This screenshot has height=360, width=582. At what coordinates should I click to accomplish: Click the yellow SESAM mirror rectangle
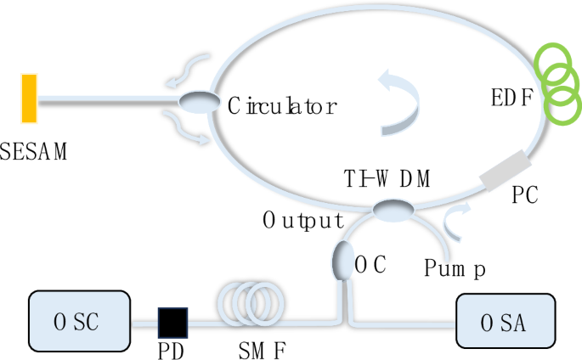[29, 98]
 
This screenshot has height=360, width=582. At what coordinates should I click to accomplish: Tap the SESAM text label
[33, 151]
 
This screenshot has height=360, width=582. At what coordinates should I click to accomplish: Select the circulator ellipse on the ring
[200, 102]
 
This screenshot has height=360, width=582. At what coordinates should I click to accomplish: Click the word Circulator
[282, 105]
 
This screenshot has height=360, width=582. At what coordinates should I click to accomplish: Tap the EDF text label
[512, 98]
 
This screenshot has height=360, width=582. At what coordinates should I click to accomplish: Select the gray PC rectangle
[506, 170]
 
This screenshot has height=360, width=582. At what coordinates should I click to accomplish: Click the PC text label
[525, 194]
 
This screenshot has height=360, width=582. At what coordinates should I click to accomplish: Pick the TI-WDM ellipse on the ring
[393, 211]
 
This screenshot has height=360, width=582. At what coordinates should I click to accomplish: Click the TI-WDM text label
[387, 178]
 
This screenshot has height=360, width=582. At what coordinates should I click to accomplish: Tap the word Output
[303, 220]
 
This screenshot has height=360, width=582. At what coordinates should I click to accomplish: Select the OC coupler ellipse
[343, 261]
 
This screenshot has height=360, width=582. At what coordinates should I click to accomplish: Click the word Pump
[455, 267]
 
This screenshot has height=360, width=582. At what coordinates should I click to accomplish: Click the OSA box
[506, 321]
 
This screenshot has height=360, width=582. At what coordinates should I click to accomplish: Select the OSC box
[79, 321]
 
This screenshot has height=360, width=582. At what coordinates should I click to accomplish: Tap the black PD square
[173, 323]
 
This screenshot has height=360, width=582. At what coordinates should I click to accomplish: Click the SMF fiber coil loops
[251, 304]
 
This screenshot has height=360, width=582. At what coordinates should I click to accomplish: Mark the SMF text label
[263, 350]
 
